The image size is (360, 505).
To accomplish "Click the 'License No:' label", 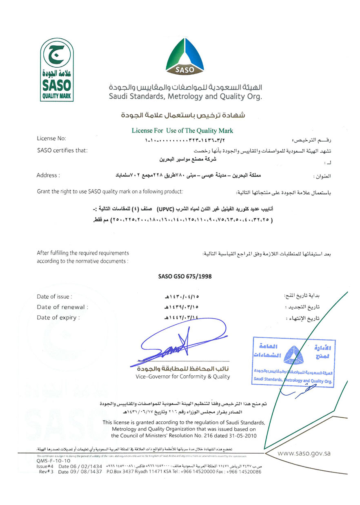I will click(x=51, y=139).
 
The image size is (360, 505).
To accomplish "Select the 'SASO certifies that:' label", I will click(x=62, y=151).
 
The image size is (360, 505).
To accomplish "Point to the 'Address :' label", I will click(x=48, y=175).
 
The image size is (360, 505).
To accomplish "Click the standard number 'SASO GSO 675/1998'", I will click(x=185, y=276).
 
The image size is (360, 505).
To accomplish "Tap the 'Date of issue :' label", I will click(x=55, y=297).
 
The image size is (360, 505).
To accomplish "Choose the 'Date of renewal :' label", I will click(x=62, y=307).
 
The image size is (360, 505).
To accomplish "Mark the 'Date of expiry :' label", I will click(x=58, y=317).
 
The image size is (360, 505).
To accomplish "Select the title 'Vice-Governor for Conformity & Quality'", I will click(x=183, y=377).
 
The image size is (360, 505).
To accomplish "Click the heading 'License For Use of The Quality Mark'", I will click(x=182, y=131).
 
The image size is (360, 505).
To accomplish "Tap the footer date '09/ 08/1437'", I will click(x=80, y=472).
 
